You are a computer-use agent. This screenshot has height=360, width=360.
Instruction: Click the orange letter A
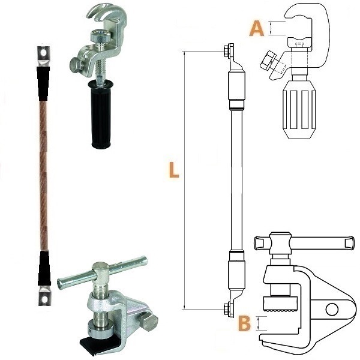[x=257, y=28]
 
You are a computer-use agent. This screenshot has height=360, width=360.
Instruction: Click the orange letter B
[x=245, y=323]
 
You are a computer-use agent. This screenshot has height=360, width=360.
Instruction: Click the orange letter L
[x=174, y=170]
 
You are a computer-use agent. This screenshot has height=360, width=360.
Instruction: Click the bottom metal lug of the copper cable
[x=45, y=296]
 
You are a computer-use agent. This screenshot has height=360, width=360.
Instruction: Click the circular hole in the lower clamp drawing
[x=332, y=309]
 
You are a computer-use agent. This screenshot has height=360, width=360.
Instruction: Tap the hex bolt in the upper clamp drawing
[x=268, y=61]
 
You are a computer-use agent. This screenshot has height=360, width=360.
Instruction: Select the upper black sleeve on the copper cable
[x=43, y=84]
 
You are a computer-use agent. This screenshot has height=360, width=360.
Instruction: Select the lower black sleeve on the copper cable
[x=44, y=269]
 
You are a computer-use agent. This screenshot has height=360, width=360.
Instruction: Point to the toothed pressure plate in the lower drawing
[x=281, y=304]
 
